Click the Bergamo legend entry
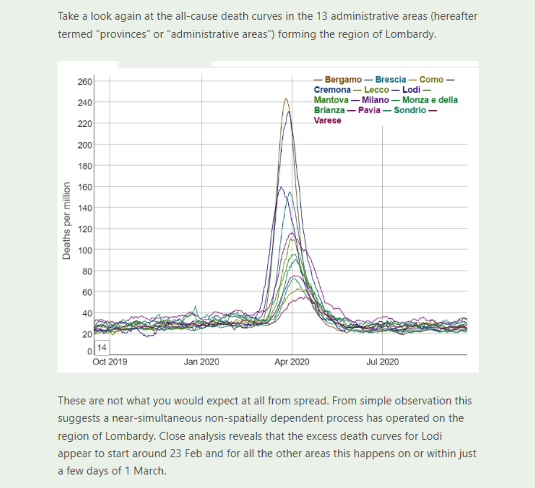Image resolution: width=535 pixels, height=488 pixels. click(343, 79)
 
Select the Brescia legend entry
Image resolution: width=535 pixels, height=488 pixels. click(391, 79)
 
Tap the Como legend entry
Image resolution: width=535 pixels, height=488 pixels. click(431, 79)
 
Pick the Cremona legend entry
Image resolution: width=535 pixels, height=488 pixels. click(333, 90)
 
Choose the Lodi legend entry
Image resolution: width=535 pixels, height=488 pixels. click(411, 90)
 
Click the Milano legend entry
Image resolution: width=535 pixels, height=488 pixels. click(375, 100)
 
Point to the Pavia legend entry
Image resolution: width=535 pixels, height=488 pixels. click(369, 110)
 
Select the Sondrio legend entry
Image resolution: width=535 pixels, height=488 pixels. click(410, 110)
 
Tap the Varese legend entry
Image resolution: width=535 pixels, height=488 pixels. click(328, 120)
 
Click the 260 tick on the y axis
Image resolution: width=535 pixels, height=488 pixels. click(85, 81)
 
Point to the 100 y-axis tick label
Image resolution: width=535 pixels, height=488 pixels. click(85, 251)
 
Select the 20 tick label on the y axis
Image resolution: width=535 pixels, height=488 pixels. click(87, 334)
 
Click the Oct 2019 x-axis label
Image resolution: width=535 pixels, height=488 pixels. click(110, 361)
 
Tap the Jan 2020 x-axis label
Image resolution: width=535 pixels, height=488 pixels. click(201, 361)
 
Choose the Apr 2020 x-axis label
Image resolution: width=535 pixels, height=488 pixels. click(292, 361)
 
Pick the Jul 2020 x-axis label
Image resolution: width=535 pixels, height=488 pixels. click(383, 361)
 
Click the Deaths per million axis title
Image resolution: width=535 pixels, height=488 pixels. click(67, 221)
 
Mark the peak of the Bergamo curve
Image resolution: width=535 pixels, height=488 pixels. click(286, 99)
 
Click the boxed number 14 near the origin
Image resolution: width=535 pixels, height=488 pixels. click(102, 347)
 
